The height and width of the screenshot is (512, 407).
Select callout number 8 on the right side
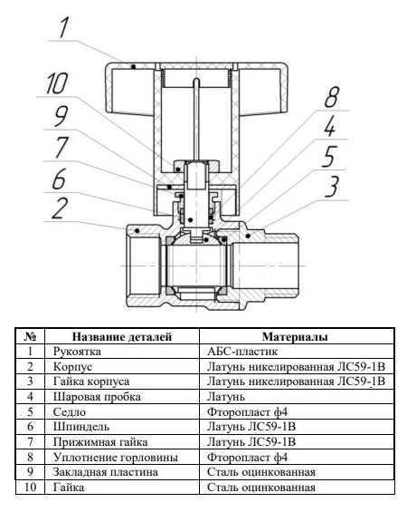[333, 99]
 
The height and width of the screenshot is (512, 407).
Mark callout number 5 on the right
[333, 157]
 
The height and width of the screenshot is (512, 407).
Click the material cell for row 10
[260, 488]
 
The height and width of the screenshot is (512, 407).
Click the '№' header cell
[31, 337]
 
